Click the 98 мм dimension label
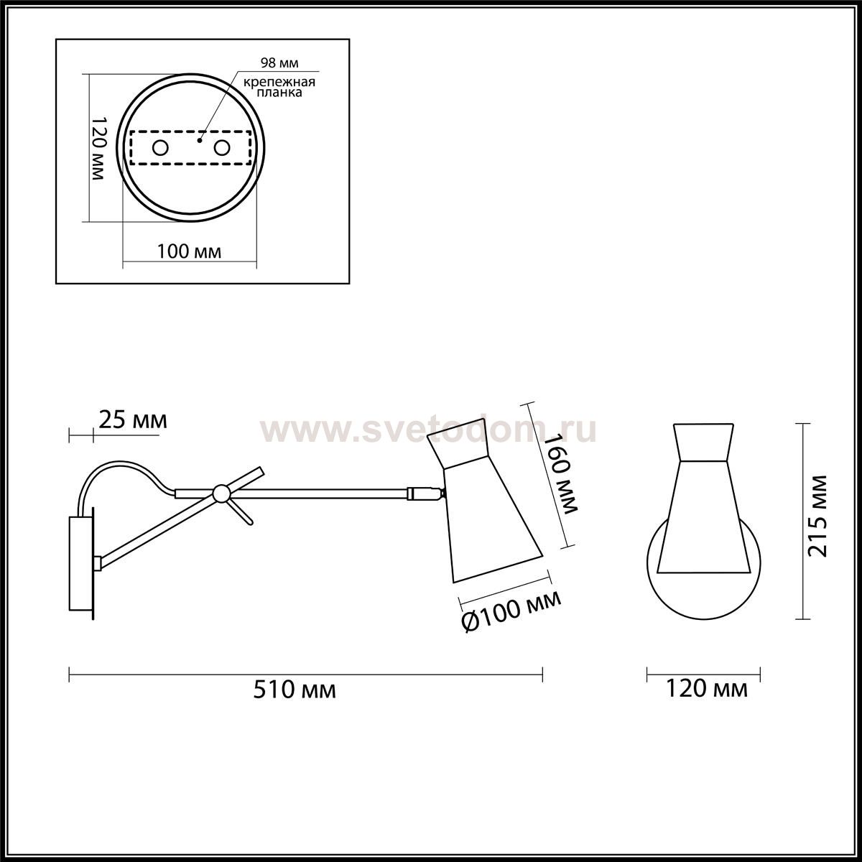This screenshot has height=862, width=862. coord(279,63)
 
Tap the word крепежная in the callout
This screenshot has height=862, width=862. coord(279,83)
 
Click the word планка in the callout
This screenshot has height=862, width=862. coord(279,93)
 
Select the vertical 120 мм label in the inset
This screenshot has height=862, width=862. coord(98,149)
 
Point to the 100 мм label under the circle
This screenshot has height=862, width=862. coord(189,252)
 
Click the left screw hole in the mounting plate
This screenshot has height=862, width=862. coord(160,148)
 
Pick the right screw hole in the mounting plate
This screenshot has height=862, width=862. coord(222,148)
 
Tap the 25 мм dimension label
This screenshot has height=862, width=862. coord(132,420)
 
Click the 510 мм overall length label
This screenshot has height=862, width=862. coord(295,703)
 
